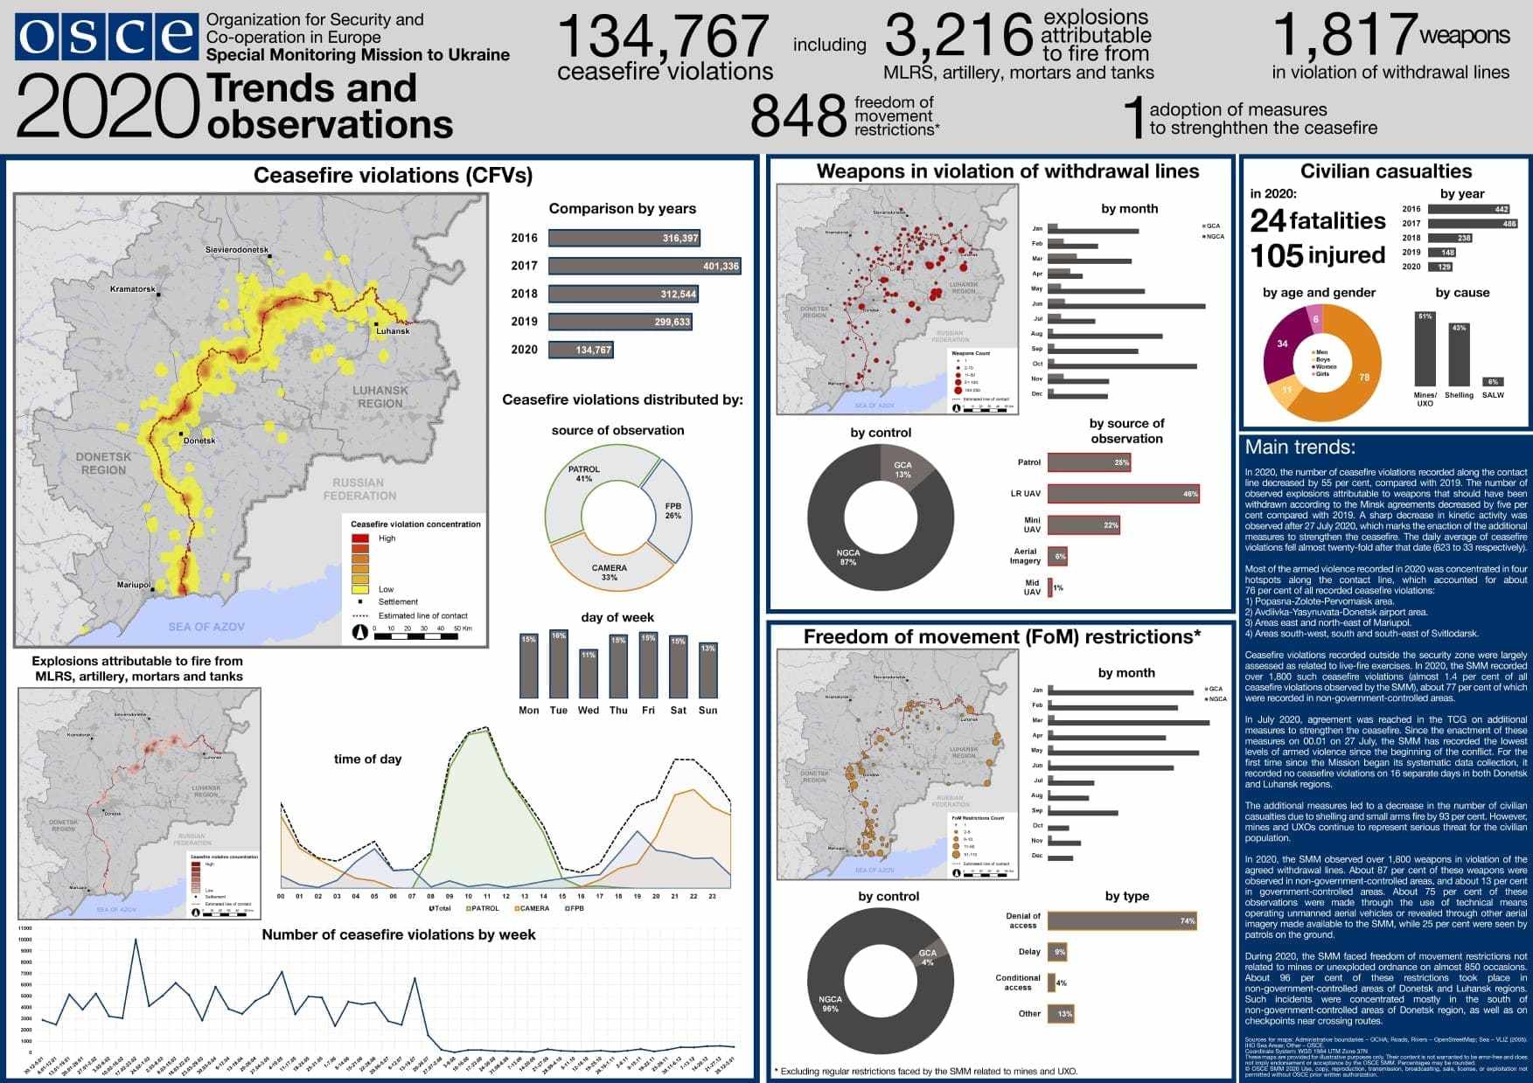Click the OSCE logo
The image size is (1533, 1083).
[106, 37]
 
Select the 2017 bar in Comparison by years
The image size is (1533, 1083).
[645, 266]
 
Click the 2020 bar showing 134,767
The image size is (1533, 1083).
[581, 350]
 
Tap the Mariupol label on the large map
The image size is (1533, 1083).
[134, 585]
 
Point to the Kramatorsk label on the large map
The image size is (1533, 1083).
[133, 289]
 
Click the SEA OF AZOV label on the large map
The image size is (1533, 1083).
[206, 627]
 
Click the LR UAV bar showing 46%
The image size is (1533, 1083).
[1123, 494]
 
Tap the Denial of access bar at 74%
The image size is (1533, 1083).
[1121, 920]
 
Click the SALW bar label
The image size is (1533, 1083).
[1493, 395]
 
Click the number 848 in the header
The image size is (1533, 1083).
[798, 116]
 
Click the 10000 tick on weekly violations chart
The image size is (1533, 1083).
[24, 940]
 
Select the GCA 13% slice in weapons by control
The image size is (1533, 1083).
[904, 468]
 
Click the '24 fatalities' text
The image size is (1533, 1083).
[1317, 220]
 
